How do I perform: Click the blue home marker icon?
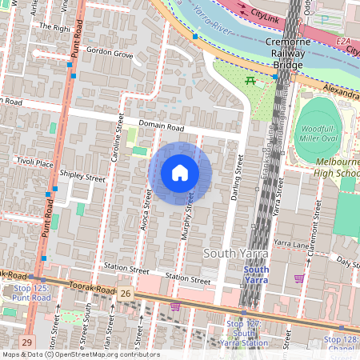180,173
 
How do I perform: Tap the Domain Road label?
161,126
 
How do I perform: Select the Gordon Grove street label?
110,54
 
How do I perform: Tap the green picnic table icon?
251,81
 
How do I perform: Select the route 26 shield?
125,294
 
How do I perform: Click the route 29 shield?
28,342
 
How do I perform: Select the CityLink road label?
266,14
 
